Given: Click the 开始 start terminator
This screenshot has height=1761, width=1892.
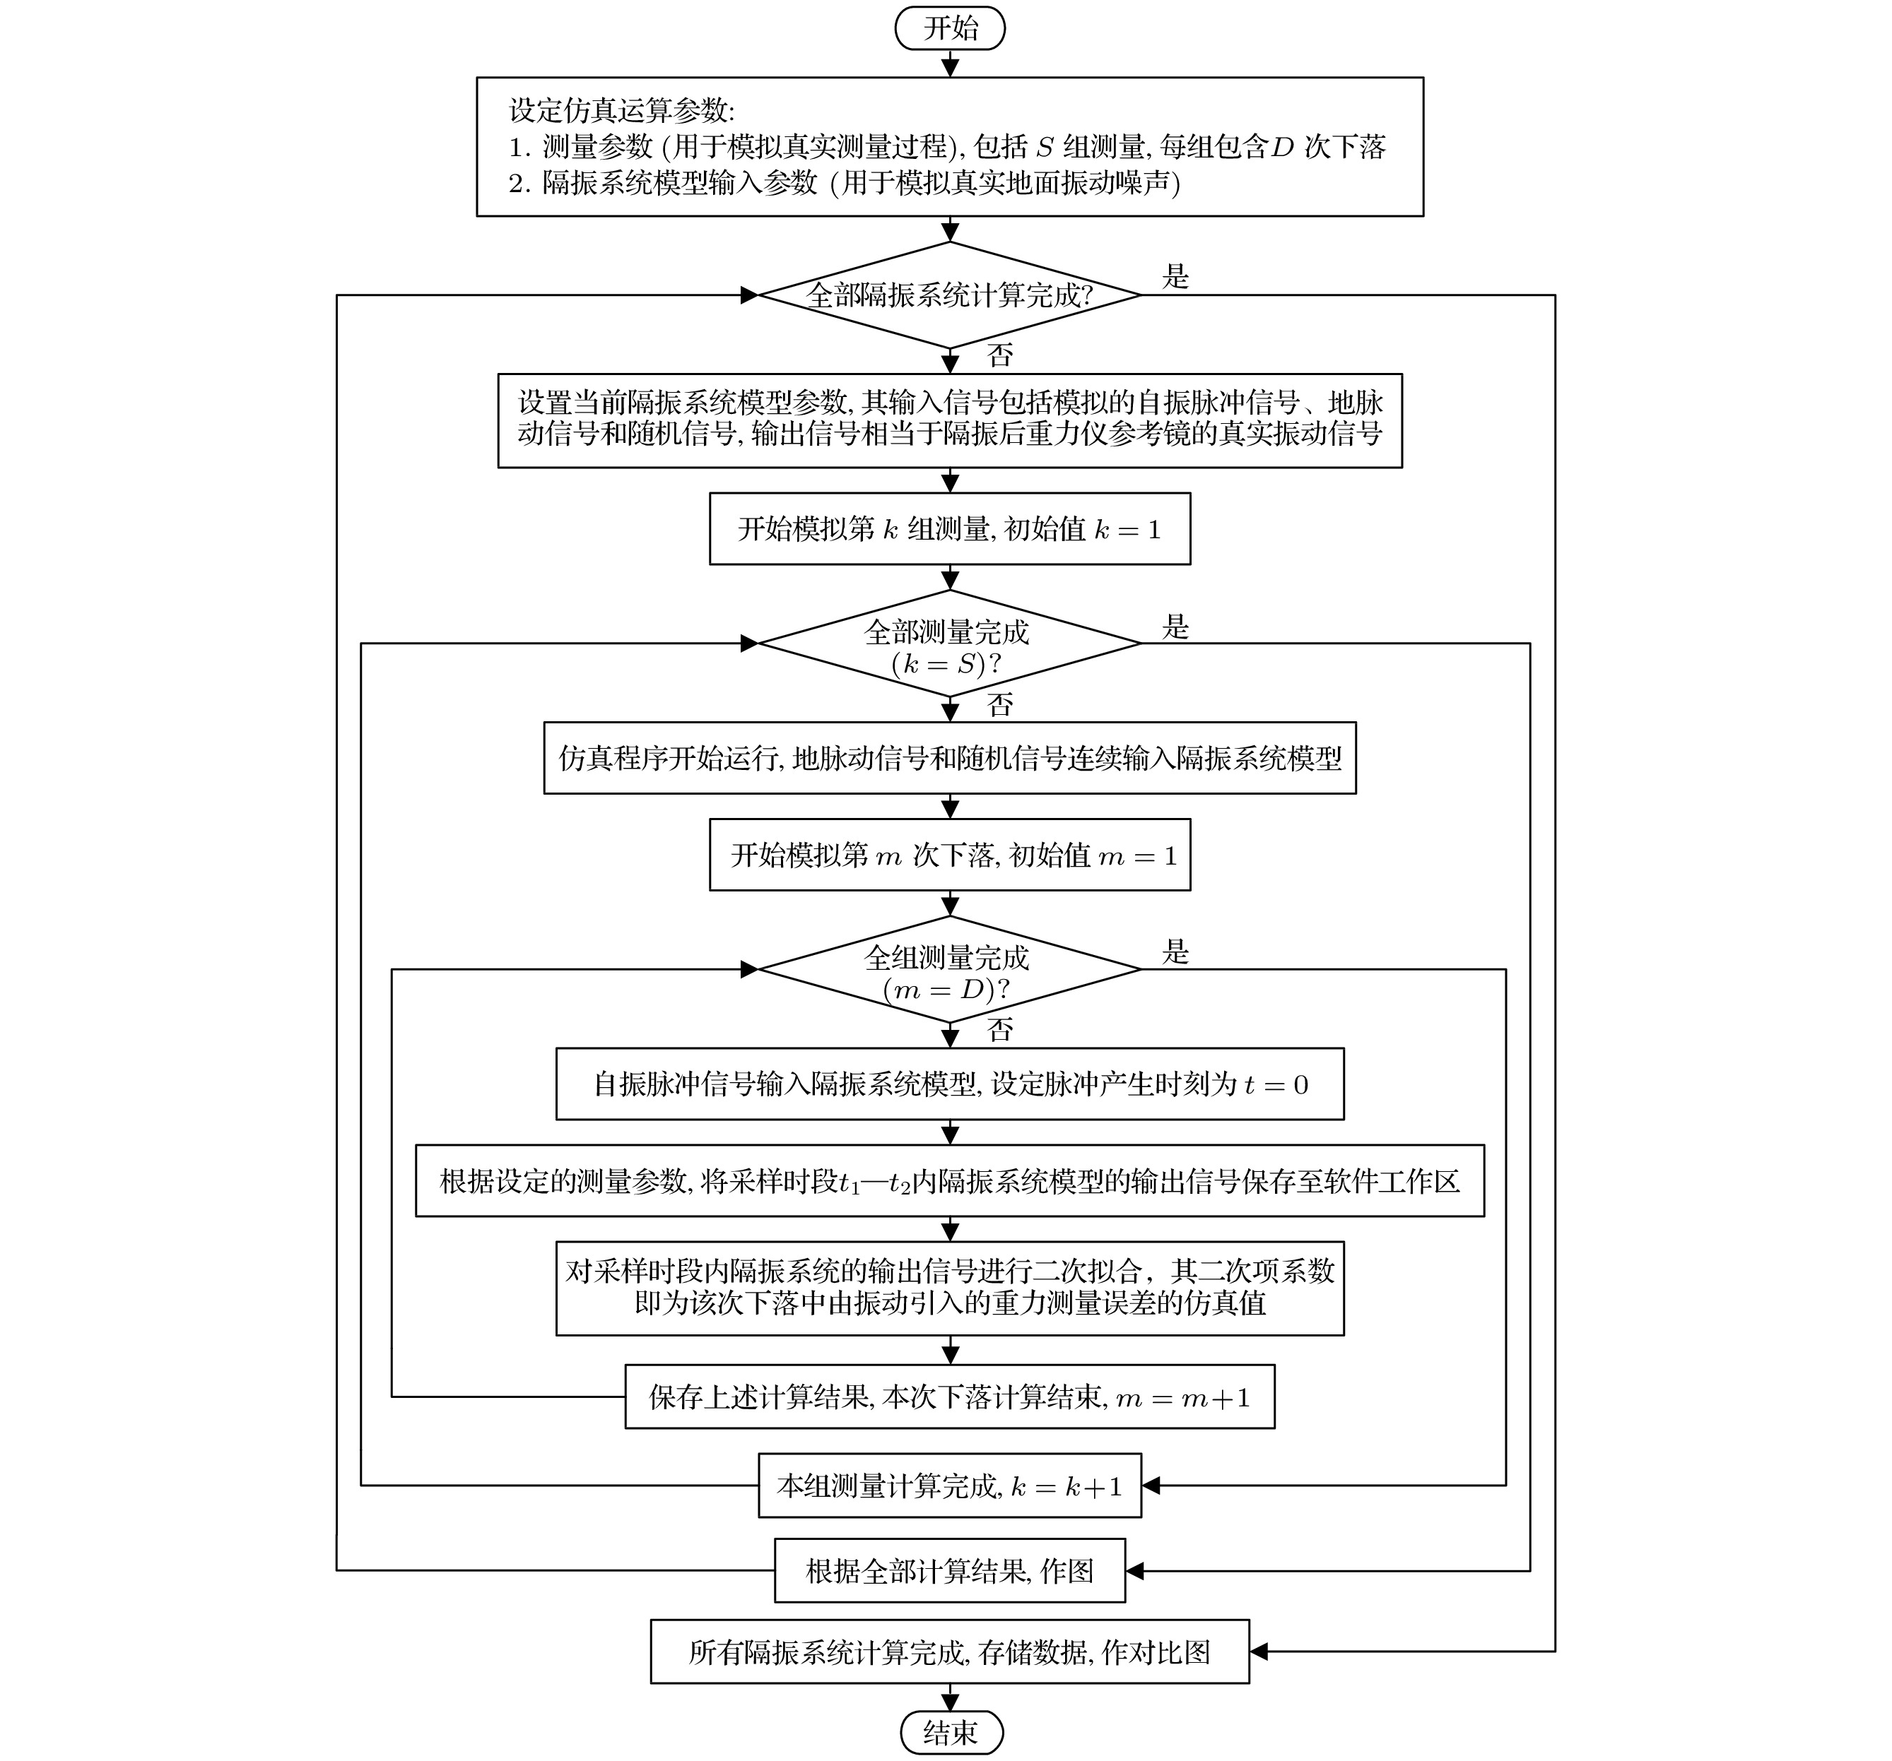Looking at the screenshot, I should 949,28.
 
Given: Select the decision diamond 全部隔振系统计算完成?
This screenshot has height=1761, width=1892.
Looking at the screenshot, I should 949,295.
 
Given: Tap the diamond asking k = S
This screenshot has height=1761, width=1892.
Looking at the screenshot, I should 949,645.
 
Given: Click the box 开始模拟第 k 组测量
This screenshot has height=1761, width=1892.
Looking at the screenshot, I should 949,529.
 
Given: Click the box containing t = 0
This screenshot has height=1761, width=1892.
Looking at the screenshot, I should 949,1084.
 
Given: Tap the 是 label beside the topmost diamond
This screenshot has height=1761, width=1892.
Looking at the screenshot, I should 1175,277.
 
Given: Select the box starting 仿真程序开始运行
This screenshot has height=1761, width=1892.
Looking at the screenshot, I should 949,758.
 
